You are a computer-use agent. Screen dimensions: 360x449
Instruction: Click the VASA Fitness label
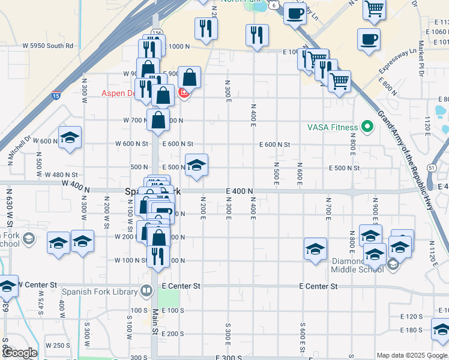pyautogui.click(x=333, y=127)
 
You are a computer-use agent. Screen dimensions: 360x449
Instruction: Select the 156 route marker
pyautogui.click(x=157, y=32)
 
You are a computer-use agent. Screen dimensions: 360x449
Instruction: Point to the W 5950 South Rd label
pyautogui.click(x=47, y=46)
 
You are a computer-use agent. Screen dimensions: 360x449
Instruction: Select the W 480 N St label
pyautogui.click(x=62, y=175)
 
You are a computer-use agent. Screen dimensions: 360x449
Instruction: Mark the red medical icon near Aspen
pyautogui.click(x=184, y=94)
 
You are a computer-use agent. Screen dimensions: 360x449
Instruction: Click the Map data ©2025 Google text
pyautogui.click(x=411, y=355)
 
